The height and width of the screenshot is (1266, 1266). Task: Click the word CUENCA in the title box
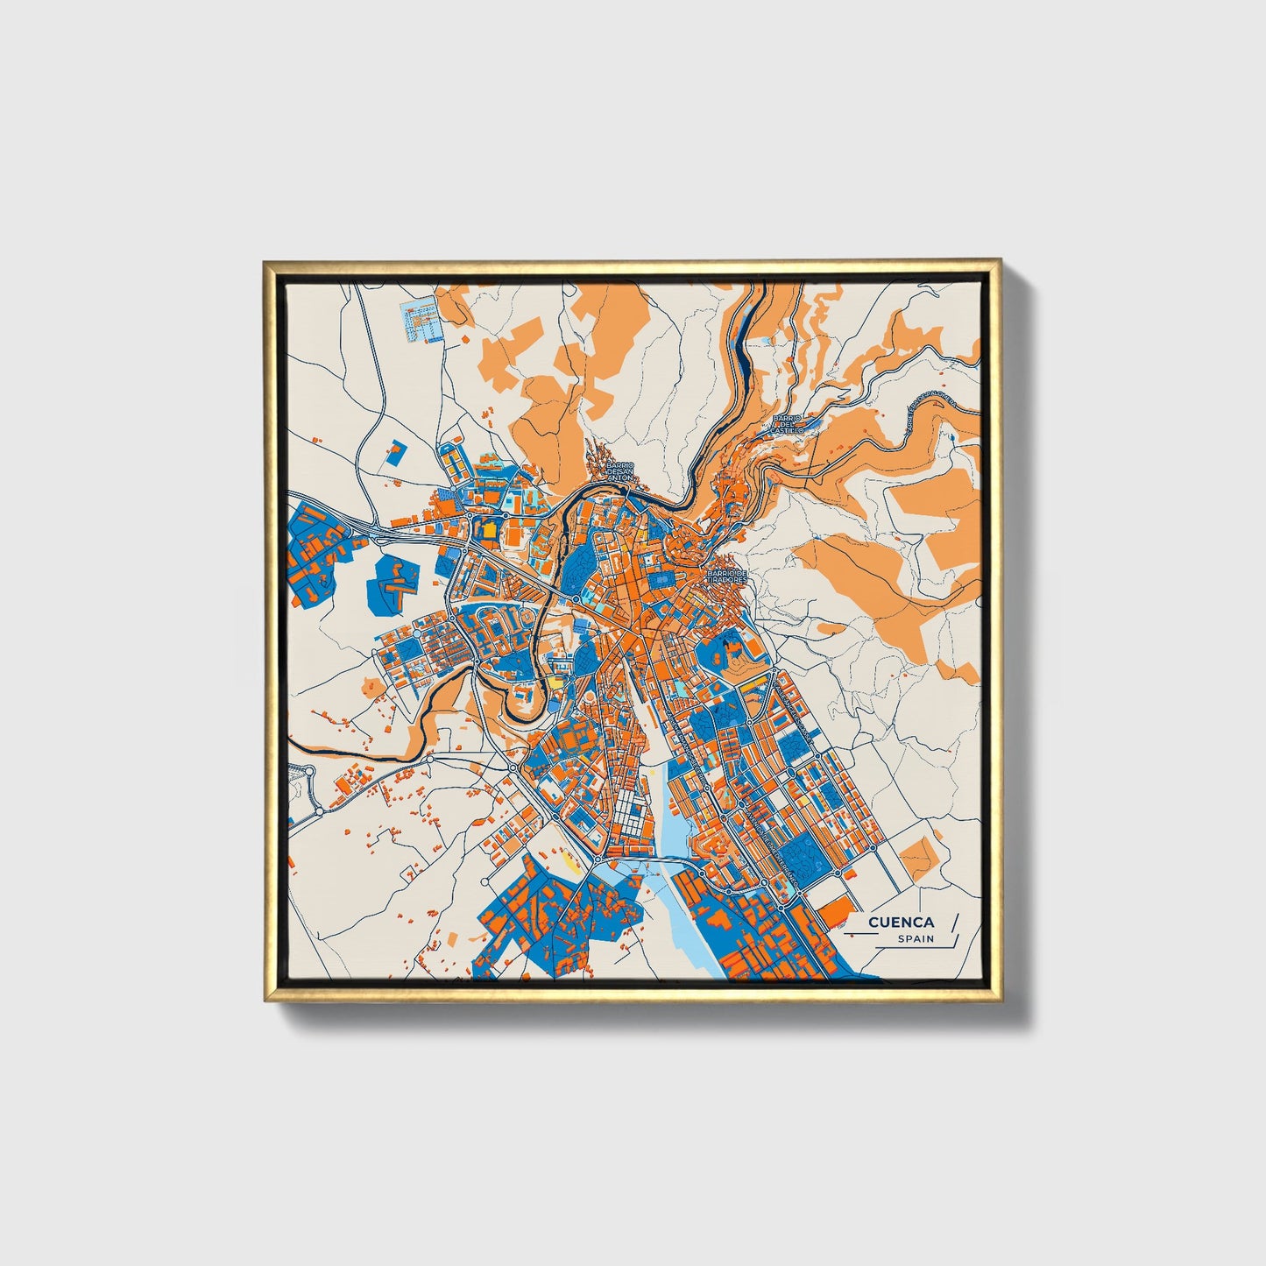[x=902, y=923]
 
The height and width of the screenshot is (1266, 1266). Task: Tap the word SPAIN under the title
[x=915, y=939]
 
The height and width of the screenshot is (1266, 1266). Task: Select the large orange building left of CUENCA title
[x=836, y=910]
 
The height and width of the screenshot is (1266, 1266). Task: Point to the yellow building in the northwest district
[x=488, y=528]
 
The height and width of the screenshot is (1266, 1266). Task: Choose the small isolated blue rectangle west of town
[x=395, y=452]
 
